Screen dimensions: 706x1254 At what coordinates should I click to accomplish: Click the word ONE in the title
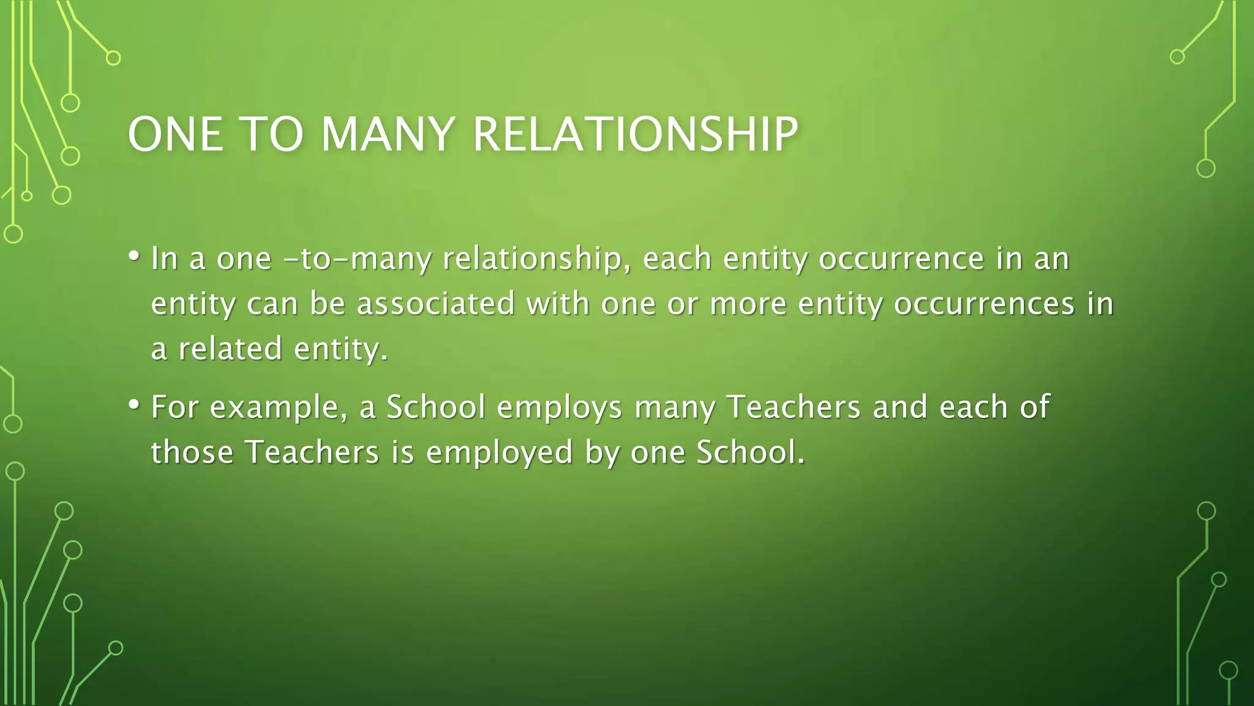pyautogui.click(x=176, y=134)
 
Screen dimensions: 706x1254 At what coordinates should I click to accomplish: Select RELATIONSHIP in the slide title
pyautogui.click(x=636, y=134)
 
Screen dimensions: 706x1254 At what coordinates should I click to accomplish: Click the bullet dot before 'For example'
pyautogui.click(x=134, y=405)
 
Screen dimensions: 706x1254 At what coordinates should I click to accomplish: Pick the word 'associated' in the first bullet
pyautogui.click(x=435, y=304)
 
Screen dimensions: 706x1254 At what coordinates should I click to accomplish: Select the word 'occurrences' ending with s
pyautogui.click(x=984, y=304)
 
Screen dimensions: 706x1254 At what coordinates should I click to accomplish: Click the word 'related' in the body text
pyautogui.click(x=230, y=349)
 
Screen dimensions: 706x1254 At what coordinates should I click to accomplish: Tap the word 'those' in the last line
pyautogui.click(x=192, y=452)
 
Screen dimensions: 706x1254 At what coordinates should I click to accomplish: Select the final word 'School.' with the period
pyautogui.click(x=751, y=452)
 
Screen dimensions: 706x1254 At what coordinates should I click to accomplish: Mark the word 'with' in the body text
pyautogui.click(x=558, y=303)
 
